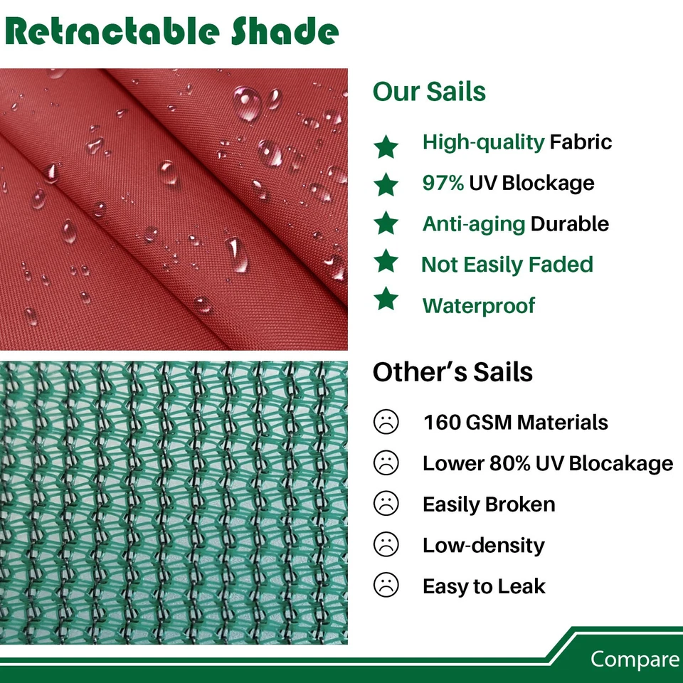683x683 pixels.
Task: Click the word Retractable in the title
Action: coord(112,31)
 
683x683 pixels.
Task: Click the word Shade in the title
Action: coord(285,31)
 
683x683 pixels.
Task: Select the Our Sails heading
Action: coord(429,92)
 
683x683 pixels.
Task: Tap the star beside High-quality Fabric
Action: coord(386,147)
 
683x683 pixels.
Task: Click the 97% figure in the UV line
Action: coord(443,183)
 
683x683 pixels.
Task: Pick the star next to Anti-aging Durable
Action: coord(386,223)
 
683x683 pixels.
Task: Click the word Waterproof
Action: coord(479,305)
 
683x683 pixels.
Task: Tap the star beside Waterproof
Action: coord(386,299)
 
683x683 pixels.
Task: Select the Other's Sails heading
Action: coord(452,372)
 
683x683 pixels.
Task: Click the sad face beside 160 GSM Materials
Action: coord(386,422)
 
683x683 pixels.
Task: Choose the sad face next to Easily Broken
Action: coord(386,504)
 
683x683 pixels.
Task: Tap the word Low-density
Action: coord(484,545)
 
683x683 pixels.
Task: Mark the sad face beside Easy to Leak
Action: coord(386,585)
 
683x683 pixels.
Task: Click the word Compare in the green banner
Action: coord(635,659)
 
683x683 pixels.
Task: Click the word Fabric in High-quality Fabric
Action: coord(581,142)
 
